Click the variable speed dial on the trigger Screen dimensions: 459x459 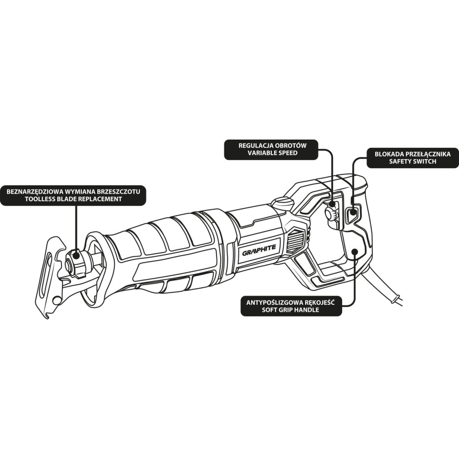point(330,213)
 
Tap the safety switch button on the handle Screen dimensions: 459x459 point(353,213)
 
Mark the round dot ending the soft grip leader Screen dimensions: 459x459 point(355,252)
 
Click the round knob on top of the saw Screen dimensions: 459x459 point(282,202)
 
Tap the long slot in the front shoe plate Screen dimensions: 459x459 point(47,274)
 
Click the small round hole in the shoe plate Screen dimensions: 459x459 point(57,301)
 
